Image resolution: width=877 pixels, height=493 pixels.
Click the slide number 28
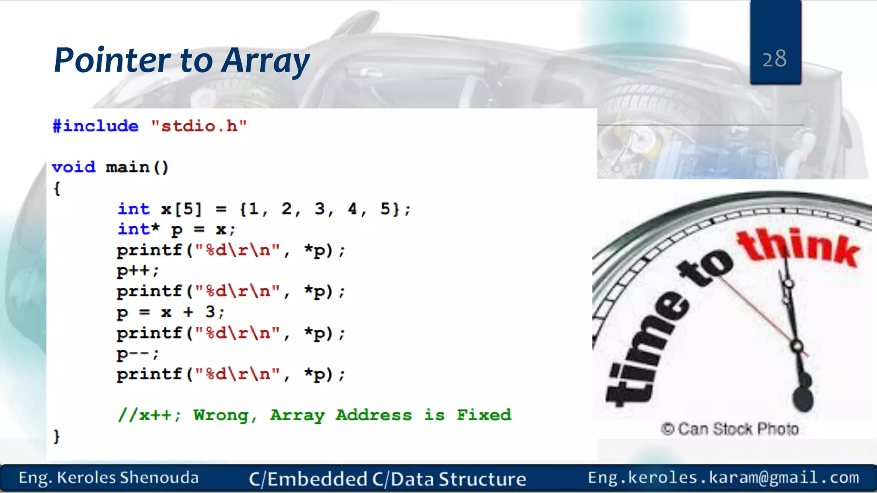tap(774, 59)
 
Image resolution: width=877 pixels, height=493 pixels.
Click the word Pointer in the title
tap(112, 60)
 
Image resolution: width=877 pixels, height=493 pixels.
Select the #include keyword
tap(95, 126)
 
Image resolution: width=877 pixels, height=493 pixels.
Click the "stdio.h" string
tap(199, 126)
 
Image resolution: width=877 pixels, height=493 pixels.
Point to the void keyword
tap(73, 167)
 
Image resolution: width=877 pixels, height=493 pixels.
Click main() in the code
tap(137, 167)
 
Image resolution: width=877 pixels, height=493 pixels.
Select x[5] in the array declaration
tap(181, 209)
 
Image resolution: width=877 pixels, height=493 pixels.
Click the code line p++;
tap(137, 271)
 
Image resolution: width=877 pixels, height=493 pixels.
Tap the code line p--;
tap(137, 353)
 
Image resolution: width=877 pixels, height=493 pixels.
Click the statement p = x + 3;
tap(170, 312)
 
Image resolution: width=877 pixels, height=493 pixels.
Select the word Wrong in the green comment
tap(221, 415)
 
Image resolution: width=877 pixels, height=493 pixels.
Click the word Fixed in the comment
tap(483, 415)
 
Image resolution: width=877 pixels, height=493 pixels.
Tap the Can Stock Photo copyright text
tap(730, 429)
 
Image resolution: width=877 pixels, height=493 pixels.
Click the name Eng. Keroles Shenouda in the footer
tap(109, 478)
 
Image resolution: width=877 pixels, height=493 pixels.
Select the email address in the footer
tap(723, 478)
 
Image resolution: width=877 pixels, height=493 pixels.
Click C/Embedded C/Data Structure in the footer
tap(387, 479)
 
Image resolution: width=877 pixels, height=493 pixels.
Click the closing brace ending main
tap(57, 436)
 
